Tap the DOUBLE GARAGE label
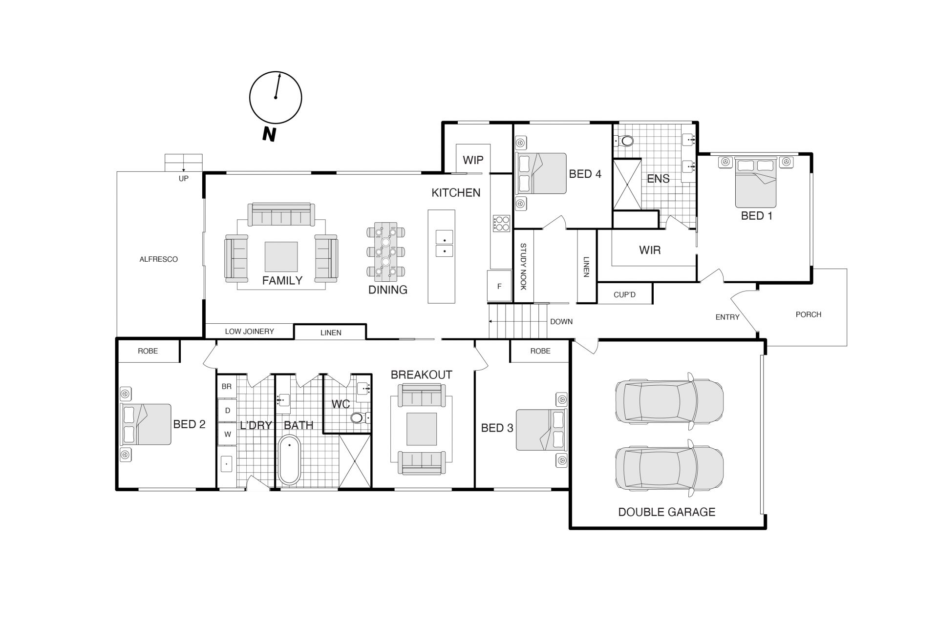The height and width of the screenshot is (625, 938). [x=666, y=512]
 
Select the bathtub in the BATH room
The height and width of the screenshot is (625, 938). [x=289, y=460]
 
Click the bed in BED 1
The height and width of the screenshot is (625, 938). [x=756, y=182]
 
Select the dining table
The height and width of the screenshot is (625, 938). [x=385, y=252]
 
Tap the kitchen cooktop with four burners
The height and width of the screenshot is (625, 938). [x=502, y=223]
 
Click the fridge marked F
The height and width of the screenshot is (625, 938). [x=499, y=286]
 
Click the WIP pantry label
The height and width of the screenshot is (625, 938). [x=473, y=160]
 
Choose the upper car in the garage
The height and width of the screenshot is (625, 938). [x=669, y=401]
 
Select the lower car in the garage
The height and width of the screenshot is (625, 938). [x=669, y=468]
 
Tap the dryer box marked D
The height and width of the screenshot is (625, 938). [x=227, y=411]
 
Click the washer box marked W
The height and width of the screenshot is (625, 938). [x=227, y=434]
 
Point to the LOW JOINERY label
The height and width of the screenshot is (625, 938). [x=249, y=332]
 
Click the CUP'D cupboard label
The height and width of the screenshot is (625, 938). [x=624, y=295]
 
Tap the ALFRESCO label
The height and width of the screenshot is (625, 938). [x=159, y=259]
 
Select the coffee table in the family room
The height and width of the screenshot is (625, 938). [x=281, y=257]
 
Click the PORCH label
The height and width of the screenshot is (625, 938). [x=809, y=314]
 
